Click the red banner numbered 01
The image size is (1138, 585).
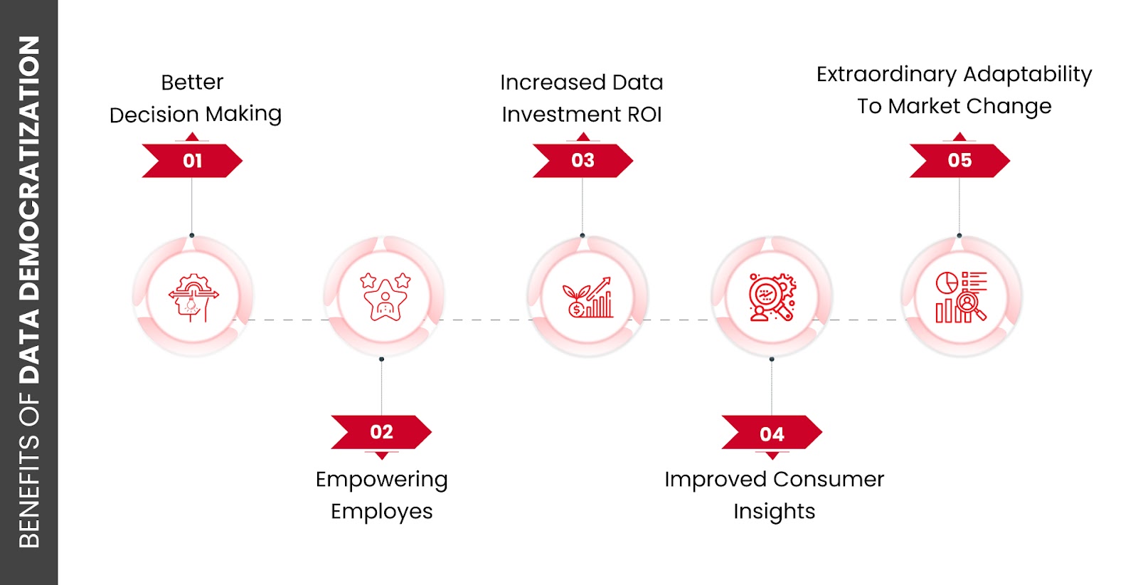(192, 160)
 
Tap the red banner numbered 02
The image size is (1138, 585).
(381, 432)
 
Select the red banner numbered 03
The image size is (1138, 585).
(583, 160)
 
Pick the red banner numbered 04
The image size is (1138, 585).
(772, 433)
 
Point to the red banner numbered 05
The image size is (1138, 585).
(959, 160)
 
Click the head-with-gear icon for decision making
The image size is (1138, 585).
(193, 297)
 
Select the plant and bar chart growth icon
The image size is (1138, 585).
(587, 297)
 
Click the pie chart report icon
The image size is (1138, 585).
(961, 297)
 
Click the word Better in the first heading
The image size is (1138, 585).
(192, 83)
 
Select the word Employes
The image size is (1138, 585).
(381, 512)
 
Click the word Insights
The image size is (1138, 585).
(774, 512)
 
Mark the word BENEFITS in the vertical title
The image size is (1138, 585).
(29, 491)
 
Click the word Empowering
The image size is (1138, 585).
(381, 480)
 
